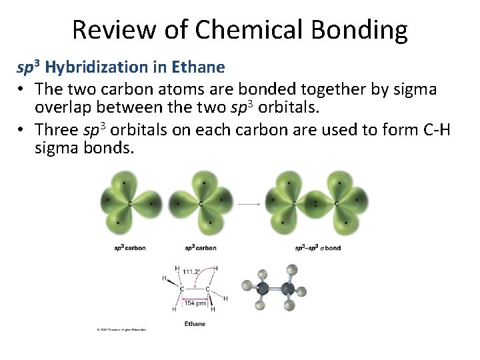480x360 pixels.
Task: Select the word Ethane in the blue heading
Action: pyautogui.click(x=199, y=67)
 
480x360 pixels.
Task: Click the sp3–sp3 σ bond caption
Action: pyautogui.click(x=318, y=248)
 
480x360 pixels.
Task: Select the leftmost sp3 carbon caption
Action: pyautogui.click(x=129, y=248)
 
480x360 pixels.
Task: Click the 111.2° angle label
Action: pyautogui.click(x=193, y=273)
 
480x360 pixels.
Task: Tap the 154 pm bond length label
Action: pyautogui.click(x=195, y=303)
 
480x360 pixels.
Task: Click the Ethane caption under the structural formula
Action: pyautogui.click(x=195, y=324)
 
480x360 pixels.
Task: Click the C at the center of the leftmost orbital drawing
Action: pyautogui.click(x=129, y=203)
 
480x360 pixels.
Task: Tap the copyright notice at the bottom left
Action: pyautogui.click(x=121, y=329)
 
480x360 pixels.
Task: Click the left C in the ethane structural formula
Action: pyautogui.click(x=181, y=289)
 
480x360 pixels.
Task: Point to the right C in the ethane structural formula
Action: pyautogui.click(x=207, y=289)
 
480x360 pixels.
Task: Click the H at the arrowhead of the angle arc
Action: pyautogui.click(x=215, y=267)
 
